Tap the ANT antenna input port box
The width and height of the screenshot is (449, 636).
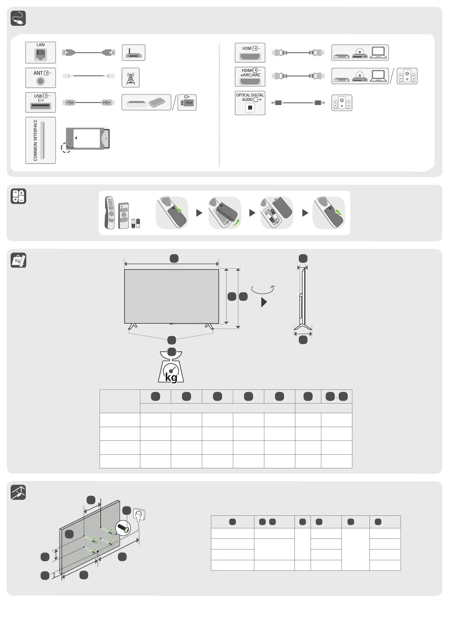[x=40, y=78]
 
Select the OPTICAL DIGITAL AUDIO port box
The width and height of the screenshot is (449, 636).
[x=250, y=103]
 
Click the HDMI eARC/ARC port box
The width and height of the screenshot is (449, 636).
[x=250, y=76]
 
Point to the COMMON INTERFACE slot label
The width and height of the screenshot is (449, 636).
[x=35, y=140]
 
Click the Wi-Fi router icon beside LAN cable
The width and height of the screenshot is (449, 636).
[x=133, y=52]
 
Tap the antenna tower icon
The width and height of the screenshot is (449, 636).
[x=130, y=78]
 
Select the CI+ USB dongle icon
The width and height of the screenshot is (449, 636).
[x=187, y=102]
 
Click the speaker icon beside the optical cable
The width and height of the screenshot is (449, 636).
[x=342, y=103]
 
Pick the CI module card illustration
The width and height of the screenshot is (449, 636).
[x=88, y=139]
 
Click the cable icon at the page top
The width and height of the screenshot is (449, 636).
[x=18, y=18]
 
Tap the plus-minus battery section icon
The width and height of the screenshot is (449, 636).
[x=18, y=196]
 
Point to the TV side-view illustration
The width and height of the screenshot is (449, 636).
[x=303, y=299]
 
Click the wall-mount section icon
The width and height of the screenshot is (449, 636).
[x=18, y=492]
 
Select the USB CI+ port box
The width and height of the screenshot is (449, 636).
[x=40, y=102]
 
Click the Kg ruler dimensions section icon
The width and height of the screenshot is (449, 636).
[x=18, y=260]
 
